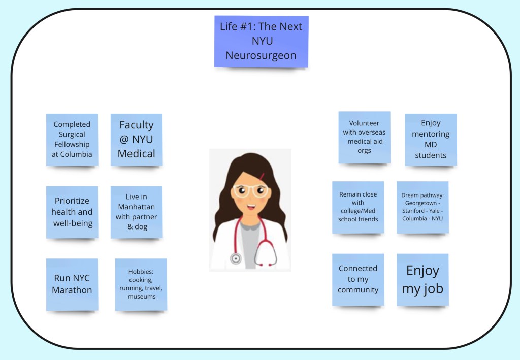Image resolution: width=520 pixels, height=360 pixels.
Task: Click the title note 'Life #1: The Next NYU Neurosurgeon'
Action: point(261,41)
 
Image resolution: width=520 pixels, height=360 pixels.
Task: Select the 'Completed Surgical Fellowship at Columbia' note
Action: point(72,139)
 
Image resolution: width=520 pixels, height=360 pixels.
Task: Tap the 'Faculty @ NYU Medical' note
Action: point(136,139)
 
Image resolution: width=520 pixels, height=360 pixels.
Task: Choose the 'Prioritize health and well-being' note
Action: point(72,212)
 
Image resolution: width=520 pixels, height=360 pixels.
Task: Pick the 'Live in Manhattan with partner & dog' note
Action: point(136,212)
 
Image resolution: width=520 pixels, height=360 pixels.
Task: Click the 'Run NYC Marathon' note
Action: point(72,284)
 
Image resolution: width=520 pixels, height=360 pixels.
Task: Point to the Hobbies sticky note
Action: point(141,284)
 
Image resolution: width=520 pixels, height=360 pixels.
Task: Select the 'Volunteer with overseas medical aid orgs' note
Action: point(364,137)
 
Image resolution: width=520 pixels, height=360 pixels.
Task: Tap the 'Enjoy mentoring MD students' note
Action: point(431,139)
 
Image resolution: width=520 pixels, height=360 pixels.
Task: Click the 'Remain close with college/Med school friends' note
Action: point(358,207)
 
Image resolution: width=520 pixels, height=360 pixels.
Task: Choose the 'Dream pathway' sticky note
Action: point(422,207)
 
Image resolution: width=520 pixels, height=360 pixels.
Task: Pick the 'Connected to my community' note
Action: point(358,279)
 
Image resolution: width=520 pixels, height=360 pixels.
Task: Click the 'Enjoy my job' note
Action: point(422,279)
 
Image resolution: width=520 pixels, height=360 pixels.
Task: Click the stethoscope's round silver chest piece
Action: point(236,259)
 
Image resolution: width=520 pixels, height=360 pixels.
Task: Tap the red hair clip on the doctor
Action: point(263,176)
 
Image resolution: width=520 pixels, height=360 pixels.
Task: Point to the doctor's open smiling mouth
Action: point(251,207)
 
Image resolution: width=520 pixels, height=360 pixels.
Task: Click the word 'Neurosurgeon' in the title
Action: point(261,55)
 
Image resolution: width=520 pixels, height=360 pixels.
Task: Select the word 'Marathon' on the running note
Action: point(72,290)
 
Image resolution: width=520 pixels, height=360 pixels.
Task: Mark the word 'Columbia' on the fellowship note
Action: point(76,154)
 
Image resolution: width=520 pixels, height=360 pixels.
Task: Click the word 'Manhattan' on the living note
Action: point(136,207)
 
